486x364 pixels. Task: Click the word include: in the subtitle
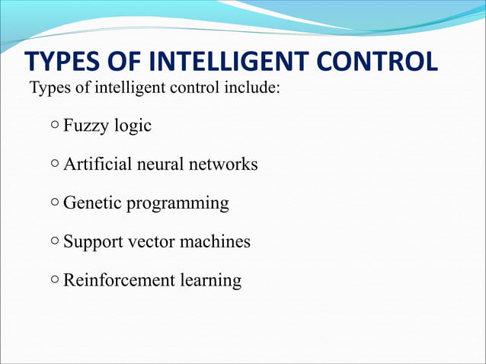pos(254,89)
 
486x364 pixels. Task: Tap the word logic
pos(133,126)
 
